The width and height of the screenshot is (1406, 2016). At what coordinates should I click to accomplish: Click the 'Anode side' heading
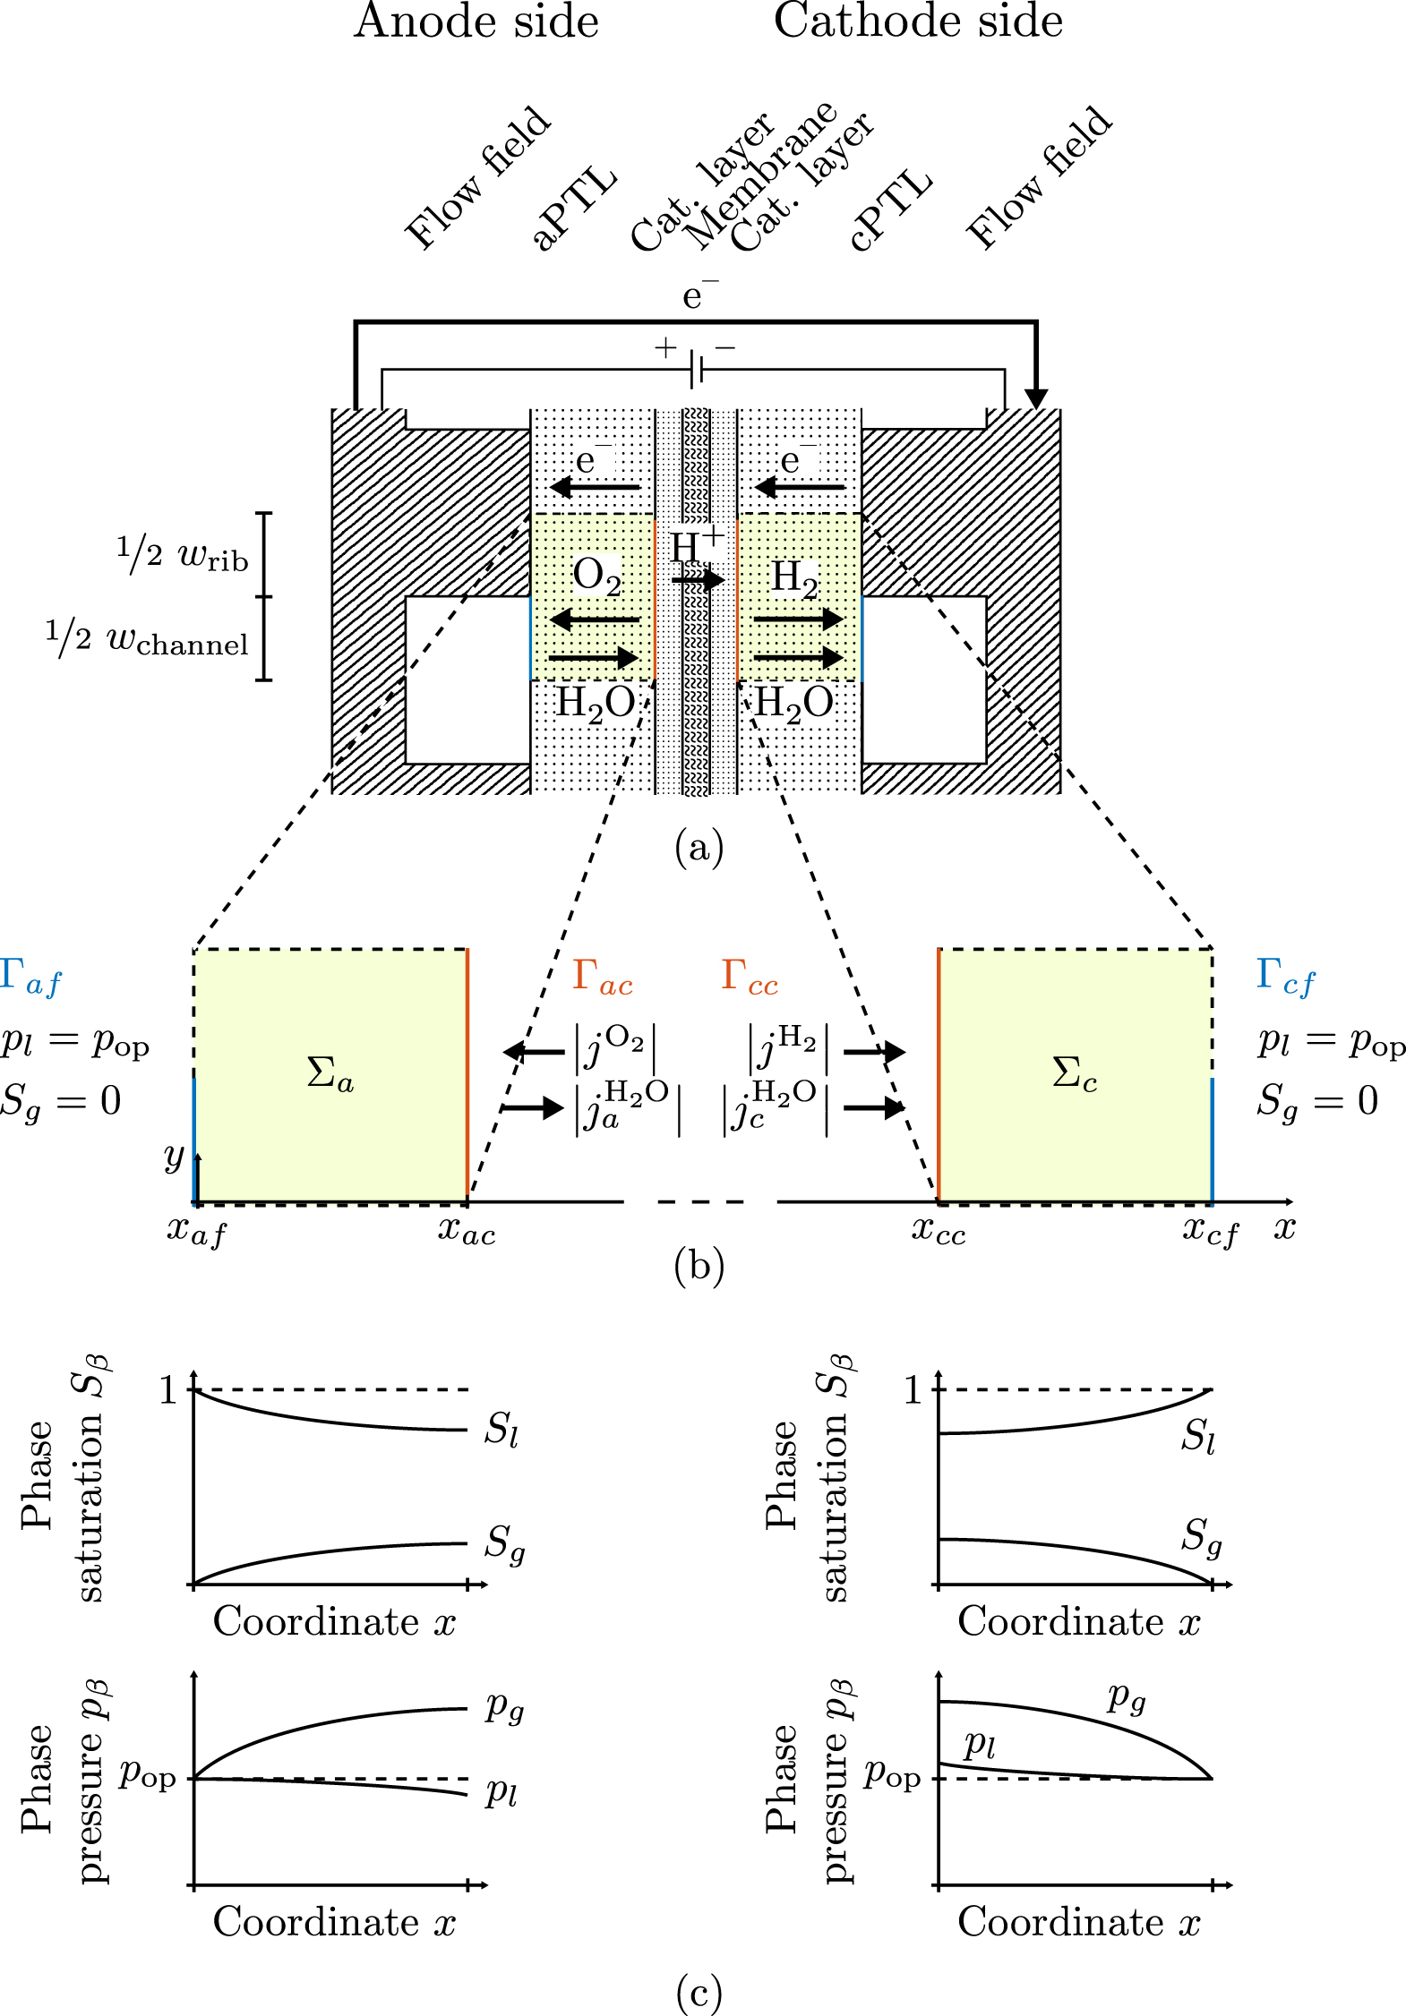coord(476,21)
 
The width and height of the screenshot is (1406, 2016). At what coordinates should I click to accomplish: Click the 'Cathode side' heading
coord(918,21)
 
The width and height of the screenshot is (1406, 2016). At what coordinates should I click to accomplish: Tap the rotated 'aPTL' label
coord(574,208)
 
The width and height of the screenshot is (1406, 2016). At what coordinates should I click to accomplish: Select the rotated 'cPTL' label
coord(890,210)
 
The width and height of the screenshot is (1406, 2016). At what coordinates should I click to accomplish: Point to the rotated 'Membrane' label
coord(761,175)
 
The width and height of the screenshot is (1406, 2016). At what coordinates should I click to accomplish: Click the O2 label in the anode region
coord(596,576)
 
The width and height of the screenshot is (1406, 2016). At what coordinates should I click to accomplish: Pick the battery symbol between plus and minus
coord(696,369)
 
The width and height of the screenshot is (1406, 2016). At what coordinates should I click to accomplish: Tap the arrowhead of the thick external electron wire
coord(1036,398)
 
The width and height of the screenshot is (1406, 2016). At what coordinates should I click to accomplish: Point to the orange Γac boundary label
coord(602,977)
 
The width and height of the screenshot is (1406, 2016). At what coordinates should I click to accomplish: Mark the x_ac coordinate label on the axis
coord(466,1232)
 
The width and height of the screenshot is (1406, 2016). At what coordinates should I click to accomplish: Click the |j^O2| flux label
coord(616,1047)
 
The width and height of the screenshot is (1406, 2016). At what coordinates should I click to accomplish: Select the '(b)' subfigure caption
coord(699,1266)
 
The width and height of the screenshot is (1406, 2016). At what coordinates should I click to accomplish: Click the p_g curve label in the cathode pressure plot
coord(1127,1697)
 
